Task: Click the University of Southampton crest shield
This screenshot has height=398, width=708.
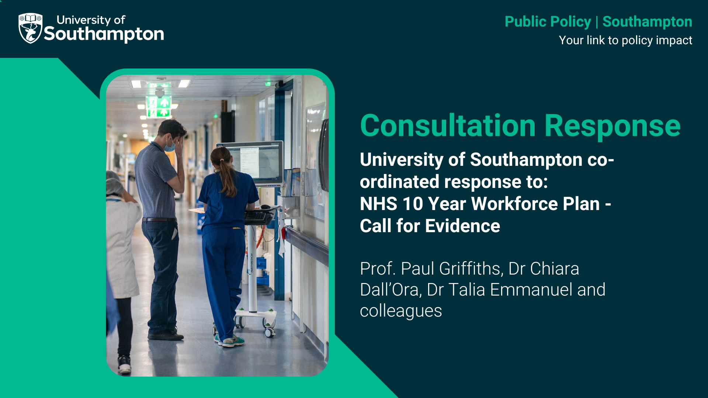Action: coord(31,28)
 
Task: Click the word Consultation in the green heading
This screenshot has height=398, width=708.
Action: coord(448,126)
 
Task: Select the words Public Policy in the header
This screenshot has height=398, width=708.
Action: coord(548,22)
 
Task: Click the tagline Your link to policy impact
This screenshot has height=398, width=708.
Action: coord(625,40)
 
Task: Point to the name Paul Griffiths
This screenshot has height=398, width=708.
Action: coord(452,269)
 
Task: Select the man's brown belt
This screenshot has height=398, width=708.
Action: coord(159,220)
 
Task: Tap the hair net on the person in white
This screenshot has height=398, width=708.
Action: coord(114,182)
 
